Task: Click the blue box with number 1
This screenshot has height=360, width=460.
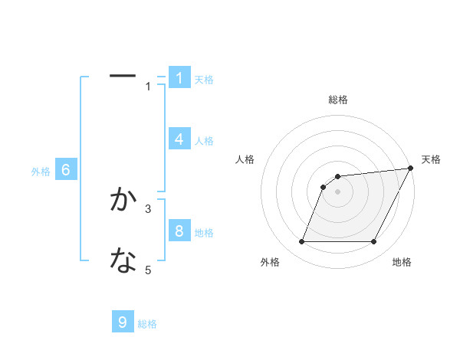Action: pyautogui.click(x=179, y=77)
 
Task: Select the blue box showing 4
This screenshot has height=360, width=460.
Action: pyautogui.click(x=179, y=139)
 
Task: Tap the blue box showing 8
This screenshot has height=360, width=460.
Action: pyautogui.click(x=179, y=231)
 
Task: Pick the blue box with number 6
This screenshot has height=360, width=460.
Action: pyautogui.click(x=66, y=170)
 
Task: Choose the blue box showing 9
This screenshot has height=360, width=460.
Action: pyautogui.click(x=123, y=322)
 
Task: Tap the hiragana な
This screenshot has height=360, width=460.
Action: pyautogui.click(x=123, y=261)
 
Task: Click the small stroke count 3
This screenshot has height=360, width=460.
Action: pyautogui.click(x=149, y=208)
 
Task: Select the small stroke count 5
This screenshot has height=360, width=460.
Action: pyautogui.click(x=149, y=270)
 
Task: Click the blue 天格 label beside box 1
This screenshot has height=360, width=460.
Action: pyautogui.click(x=204, y=79)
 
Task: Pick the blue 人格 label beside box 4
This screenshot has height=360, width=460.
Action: pyautogui.click(x=204, y=140)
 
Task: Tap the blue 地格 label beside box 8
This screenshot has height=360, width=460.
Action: pyautogui.click(x=204, y=232)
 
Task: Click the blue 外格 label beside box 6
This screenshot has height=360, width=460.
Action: pyautogui.click(x=41, y=172)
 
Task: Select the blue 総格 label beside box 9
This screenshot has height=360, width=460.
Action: pyautogui.click(x=147, y=323)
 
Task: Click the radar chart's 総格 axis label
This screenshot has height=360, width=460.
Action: pyautogui.click(x=337, y=100)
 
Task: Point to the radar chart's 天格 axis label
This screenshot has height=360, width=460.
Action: pyautogui.click(x=431, y=159)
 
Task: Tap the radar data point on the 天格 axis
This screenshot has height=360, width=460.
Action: pyautogui.click(x=410, y=169)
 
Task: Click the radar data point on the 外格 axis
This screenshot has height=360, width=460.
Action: pyautogui.click(x=301, y=242)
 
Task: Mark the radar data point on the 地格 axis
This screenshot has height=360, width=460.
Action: pyautogui.click(x=373, y=242)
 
